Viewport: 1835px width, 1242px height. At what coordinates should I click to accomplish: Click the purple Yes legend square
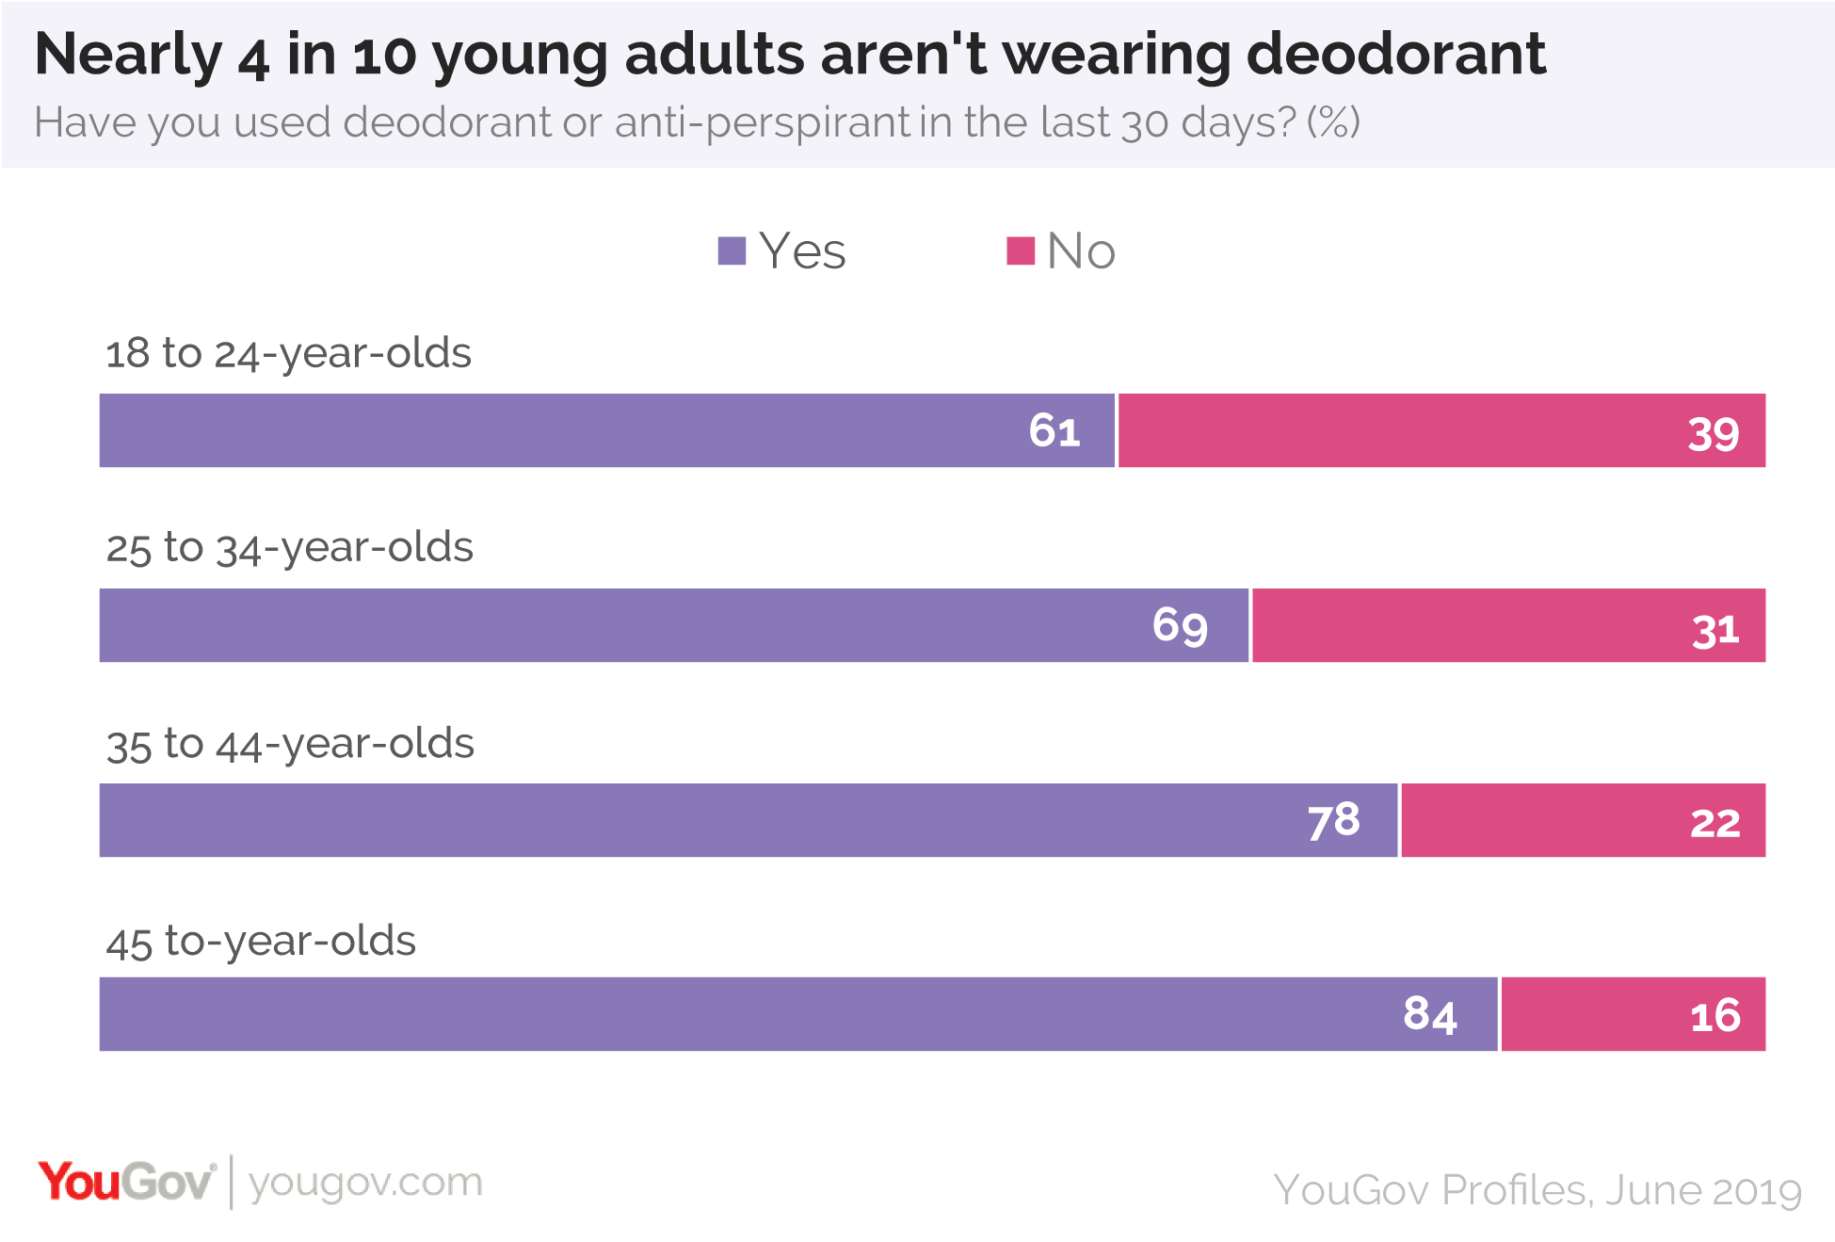coord(732,250)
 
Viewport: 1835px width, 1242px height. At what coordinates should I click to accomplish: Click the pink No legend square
coord(1021,250)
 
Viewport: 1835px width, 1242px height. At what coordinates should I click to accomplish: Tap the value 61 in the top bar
coord(1054,431)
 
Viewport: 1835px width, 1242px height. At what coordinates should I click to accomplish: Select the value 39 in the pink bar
coord(1713,434)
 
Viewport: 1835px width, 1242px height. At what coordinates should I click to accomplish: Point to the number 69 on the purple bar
coord(1180,625)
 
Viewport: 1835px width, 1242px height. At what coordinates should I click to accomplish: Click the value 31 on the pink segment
coord(1714,629)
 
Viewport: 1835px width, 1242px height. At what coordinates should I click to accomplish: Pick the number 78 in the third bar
coord(1333,820)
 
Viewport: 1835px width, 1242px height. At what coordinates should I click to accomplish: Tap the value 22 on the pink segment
coord(1714,823)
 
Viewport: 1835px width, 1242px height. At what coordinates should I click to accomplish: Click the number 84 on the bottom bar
coord(1429,1015)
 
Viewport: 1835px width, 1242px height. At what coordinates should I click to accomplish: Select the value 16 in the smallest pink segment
coord(1714,1017)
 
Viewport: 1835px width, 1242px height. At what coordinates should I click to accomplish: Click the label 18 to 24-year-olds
coord(288,354)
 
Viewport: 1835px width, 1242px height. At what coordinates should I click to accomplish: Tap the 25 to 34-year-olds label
coord(289,548)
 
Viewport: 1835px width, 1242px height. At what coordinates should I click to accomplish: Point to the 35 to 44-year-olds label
coord(290,745)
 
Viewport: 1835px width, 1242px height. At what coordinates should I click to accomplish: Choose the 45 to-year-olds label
coord(261,942)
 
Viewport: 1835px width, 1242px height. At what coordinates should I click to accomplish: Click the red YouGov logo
coord(126,1183)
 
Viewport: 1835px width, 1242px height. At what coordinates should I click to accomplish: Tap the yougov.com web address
coord(365,1183)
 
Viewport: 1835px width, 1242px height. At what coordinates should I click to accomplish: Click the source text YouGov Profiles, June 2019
coord(1537,1190)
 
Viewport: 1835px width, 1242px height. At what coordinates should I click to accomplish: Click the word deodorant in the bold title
coord(1395,55)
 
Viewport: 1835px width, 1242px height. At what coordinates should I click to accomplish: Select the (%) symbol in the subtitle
coord(1333,122)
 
